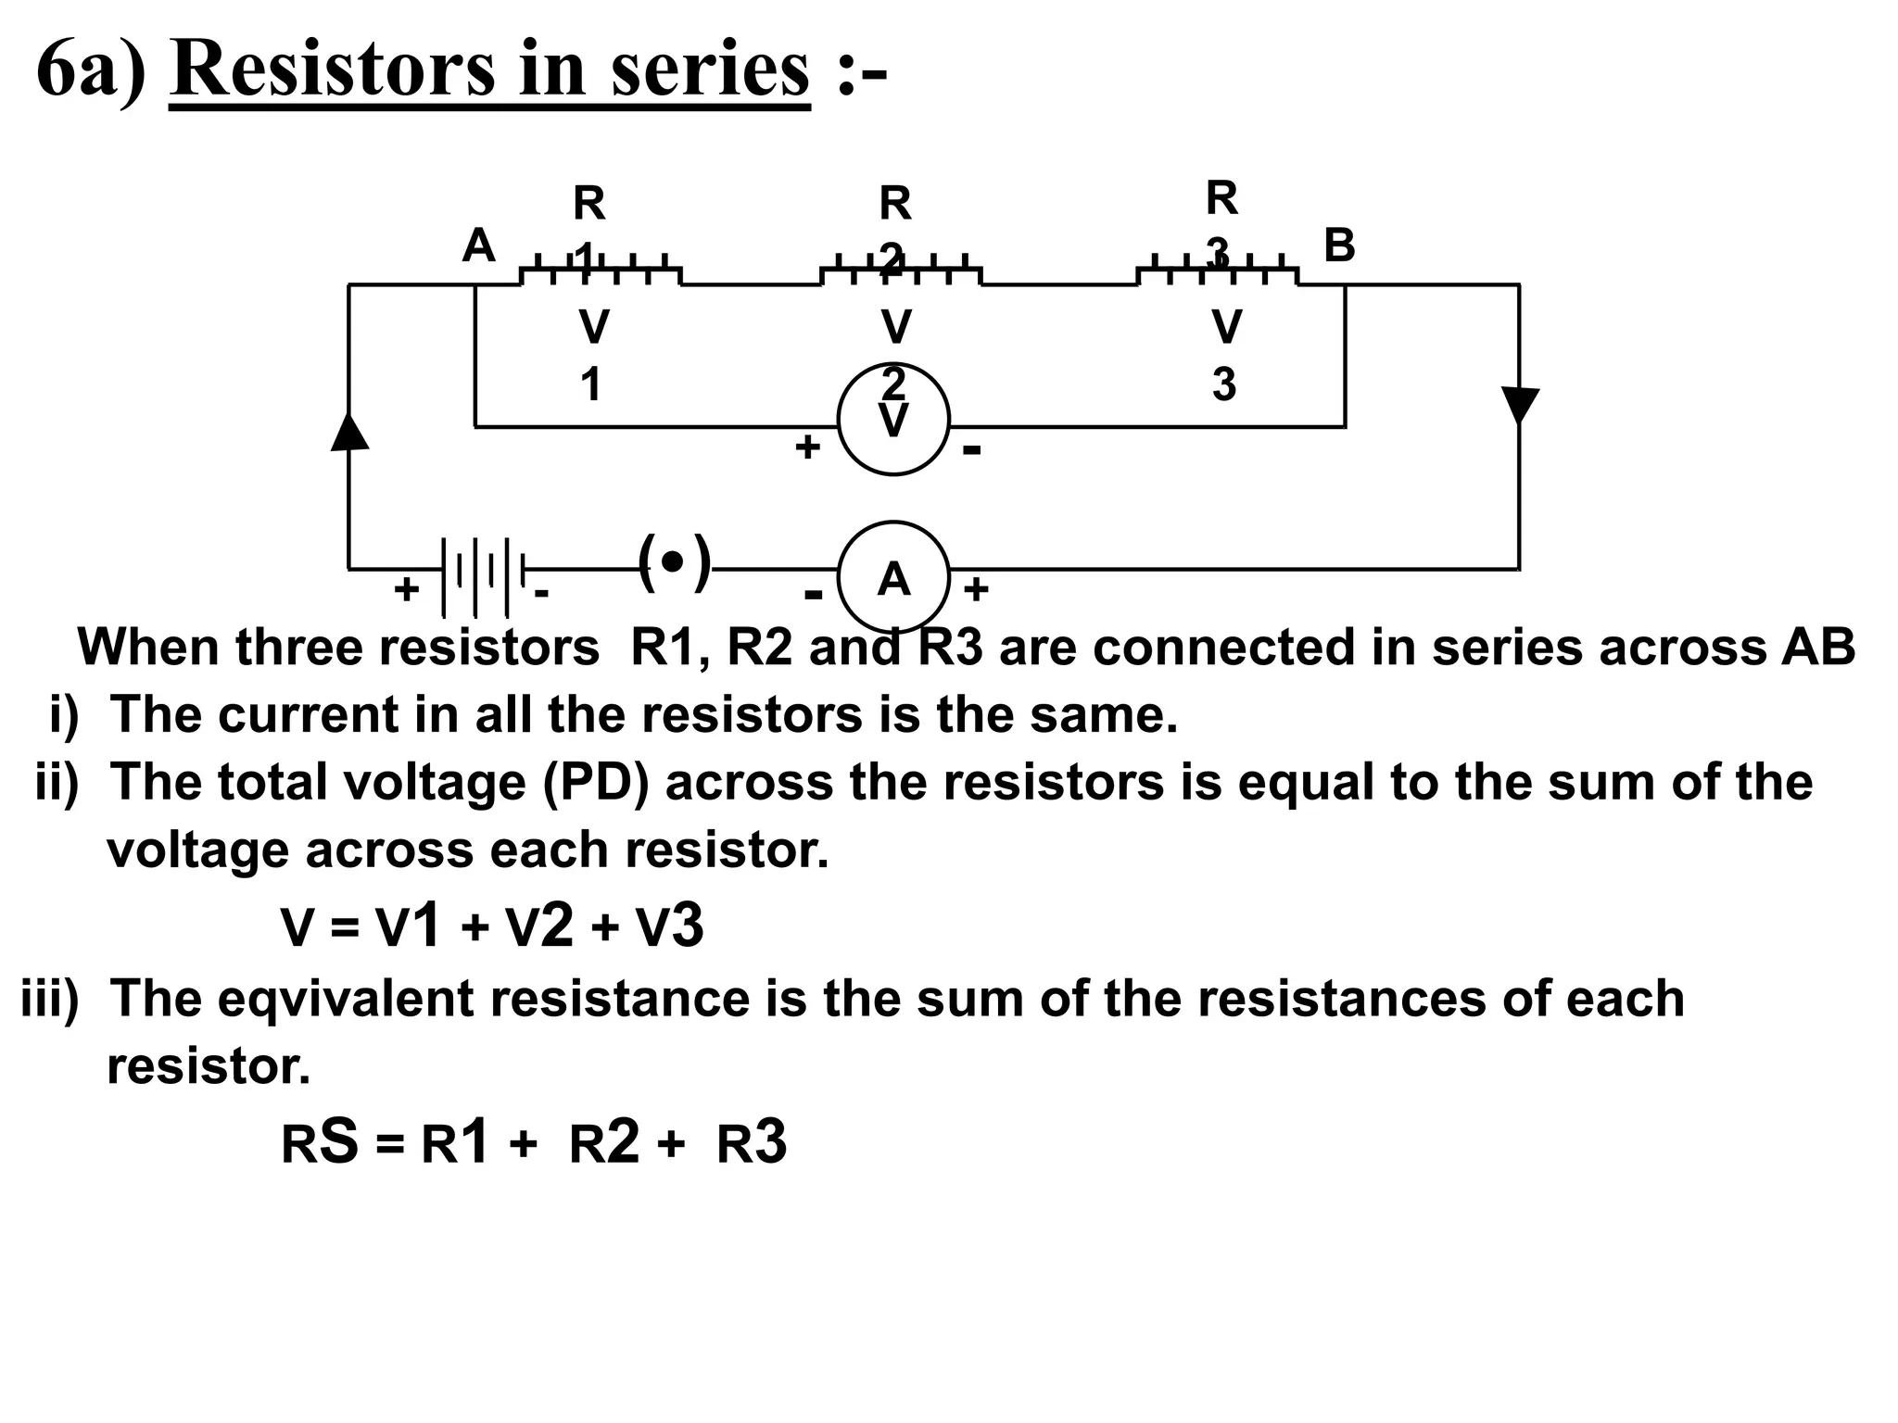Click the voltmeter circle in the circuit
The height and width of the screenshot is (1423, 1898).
click(893, 419)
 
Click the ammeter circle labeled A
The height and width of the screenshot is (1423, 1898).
click(893, 576)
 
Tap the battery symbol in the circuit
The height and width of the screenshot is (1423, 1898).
click(481, 576)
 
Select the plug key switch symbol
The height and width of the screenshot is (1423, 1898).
click(675, 562)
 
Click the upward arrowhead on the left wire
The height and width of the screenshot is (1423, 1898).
click(349, 431)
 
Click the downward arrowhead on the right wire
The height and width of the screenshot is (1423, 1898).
click(1520, 405)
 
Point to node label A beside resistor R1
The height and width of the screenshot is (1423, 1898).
click(478, 246)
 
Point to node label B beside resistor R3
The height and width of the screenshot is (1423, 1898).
click(1339, 246)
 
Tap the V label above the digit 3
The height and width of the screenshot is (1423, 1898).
click(1226, 327)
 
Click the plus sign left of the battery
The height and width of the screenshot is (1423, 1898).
click(406, 589)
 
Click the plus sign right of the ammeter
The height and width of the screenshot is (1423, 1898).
click(976, 589)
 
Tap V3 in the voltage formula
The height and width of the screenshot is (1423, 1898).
click(669, 926)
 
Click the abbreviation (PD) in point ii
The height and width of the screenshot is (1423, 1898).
click(595, 782)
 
